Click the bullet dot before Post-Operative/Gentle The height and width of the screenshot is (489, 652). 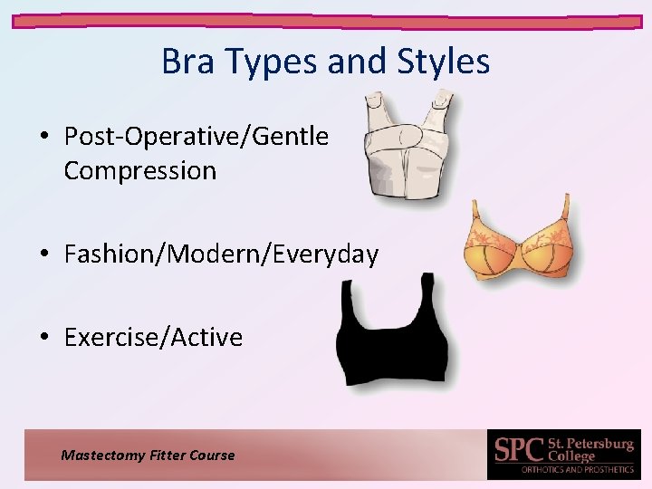tap(44, 138)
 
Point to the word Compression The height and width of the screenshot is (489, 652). tap(139, 170)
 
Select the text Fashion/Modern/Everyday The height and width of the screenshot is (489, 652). tap(221, 254)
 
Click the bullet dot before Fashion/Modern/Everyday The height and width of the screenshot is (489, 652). tap(44, 255)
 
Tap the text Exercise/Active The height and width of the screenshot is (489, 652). tap(153, 337)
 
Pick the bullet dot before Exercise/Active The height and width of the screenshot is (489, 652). tap(44, 338)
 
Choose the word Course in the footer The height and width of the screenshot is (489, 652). tap(212, 455)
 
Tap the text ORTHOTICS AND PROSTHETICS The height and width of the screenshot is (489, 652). tap(578, 470)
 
